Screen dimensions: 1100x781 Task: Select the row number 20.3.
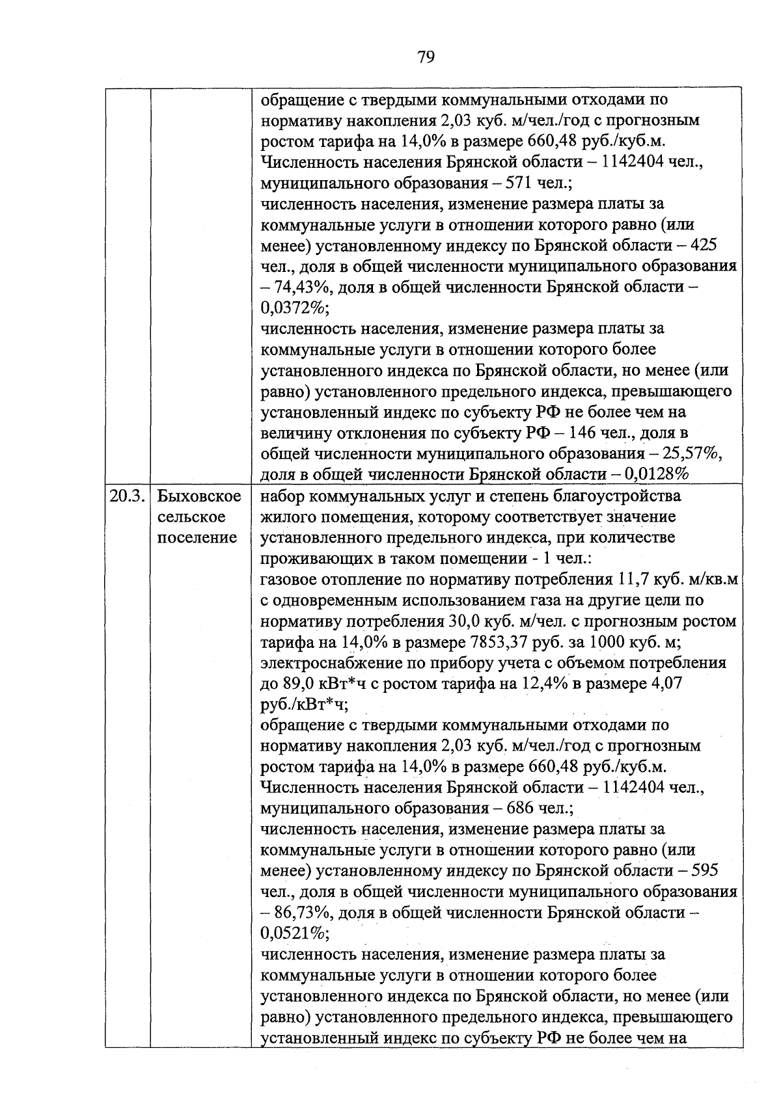coord(126,496)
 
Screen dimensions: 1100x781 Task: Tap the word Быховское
coord(199,496)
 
